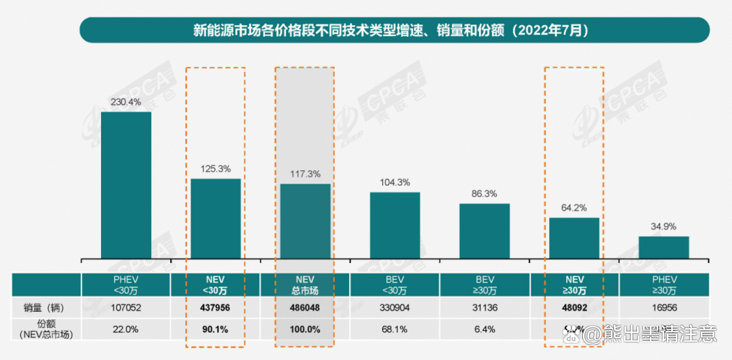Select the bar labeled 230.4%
pyautogui.click(x=126, y=184)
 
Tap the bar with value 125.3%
pyautogui.click(x=216, y=218)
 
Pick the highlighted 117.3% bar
pyautogui.click(x=306, y=221)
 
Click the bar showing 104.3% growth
pyautogui.click(x=394, y=225)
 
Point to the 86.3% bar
pyautogui.click(x=485, y=231)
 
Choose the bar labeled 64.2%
pyautogui.click(x=574, y=238)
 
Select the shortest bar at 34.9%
pyautogui.click(x=664, y=247)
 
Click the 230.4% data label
pyautogui.click(x=126, y=102)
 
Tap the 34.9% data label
pyautogui.click(x=664, y=226)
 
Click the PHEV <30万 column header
pyautogui.click(x=126, y=285)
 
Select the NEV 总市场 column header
pyautogui.click(x=306, y=285)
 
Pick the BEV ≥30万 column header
pyautogui.click(x=485, y=285)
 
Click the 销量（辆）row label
pyautogui.click(x=46, y=307)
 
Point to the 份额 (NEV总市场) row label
pyautogui.click(x=46, y=329)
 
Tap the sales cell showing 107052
pyautogui.click(x=126, y=307)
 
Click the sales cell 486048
pyautogui.click(x=306, y=307)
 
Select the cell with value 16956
pyautogui.click(x=664, y=307)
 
